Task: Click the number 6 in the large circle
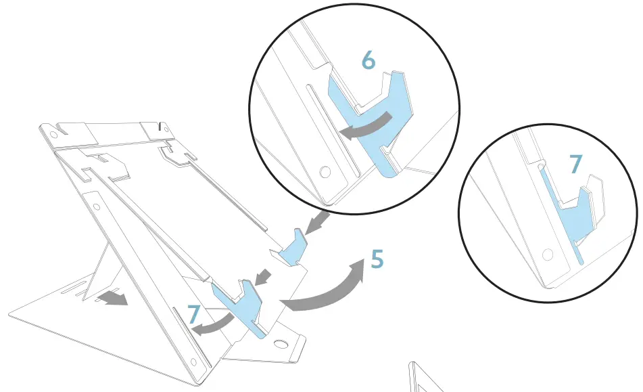(368, 60)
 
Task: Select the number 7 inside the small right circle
(575, 163)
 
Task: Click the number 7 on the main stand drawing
(193, 313)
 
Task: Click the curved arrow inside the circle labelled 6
(366, 126)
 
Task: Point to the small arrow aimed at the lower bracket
(266, 277)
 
